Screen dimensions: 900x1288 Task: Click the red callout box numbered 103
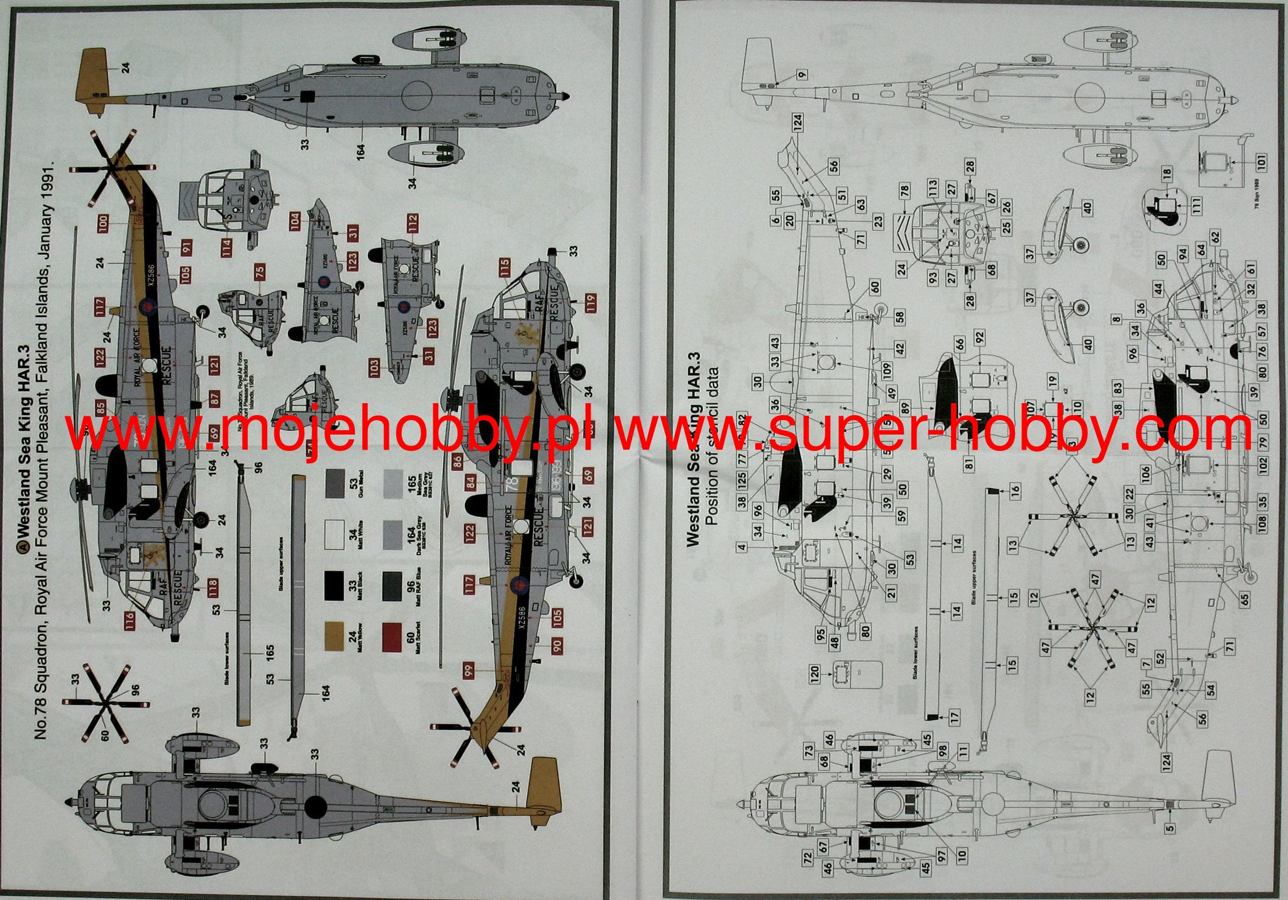click(x=375, y=367)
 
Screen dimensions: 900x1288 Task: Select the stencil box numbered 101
click(x=1260, y=163)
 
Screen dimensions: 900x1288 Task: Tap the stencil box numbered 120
click(x=815, y=674)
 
